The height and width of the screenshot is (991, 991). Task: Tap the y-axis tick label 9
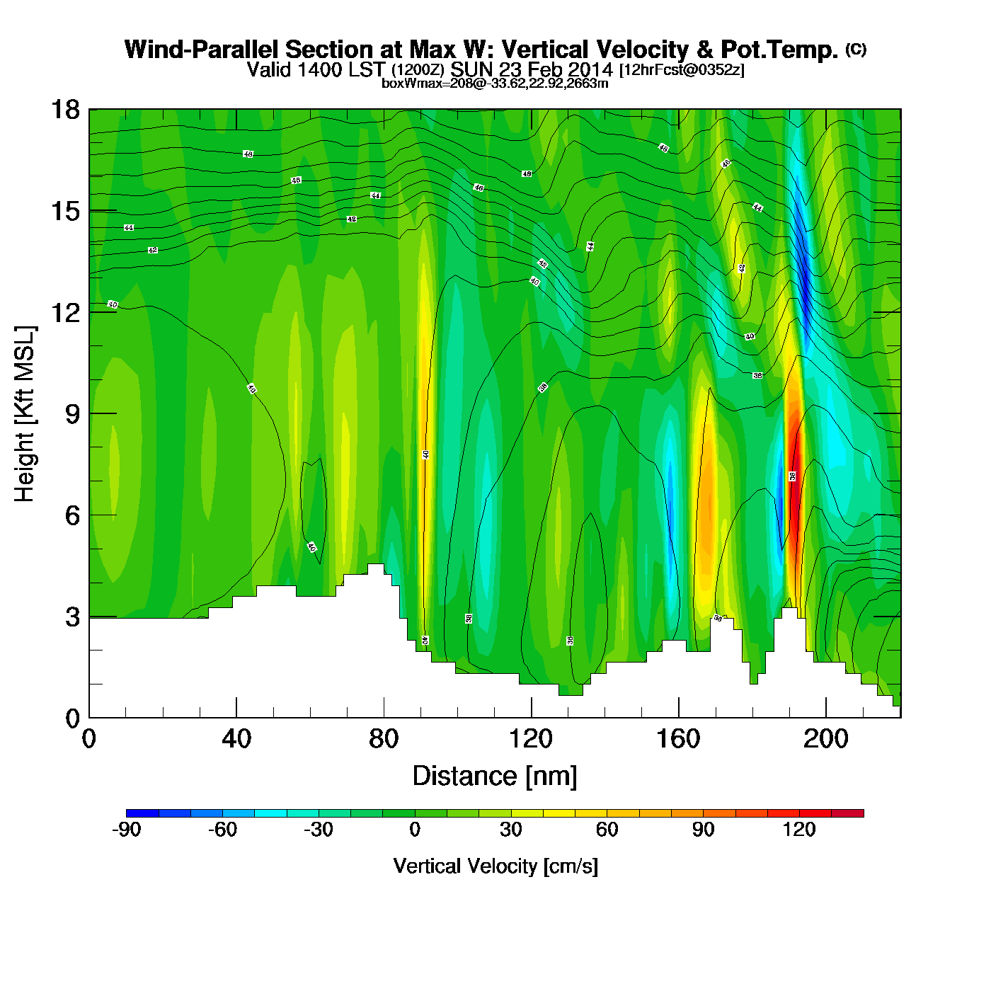72,414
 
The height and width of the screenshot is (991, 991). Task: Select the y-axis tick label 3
72,617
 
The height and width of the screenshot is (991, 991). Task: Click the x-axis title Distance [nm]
495,777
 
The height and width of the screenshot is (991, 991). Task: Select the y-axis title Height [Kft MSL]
25,414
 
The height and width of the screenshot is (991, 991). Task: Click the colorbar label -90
126,830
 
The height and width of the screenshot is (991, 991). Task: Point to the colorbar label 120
799,830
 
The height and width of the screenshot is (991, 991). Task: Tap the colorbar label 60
607,830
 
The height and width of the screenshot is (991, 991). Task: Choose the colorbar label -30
318,830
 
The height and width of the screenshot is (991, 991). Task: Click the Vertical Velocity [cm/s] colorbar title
495,866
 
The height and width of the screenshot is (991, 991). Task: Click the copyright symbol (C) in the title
856,49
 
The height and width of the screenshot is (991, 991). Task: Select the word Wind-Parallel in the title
202,50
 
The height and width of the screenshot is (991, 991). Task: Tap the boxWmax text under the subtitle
495,83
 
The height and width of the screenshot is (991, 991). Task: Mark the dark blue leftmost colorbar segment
142,813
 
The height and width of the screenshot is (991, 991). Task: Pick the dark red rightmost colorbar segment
847,813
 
